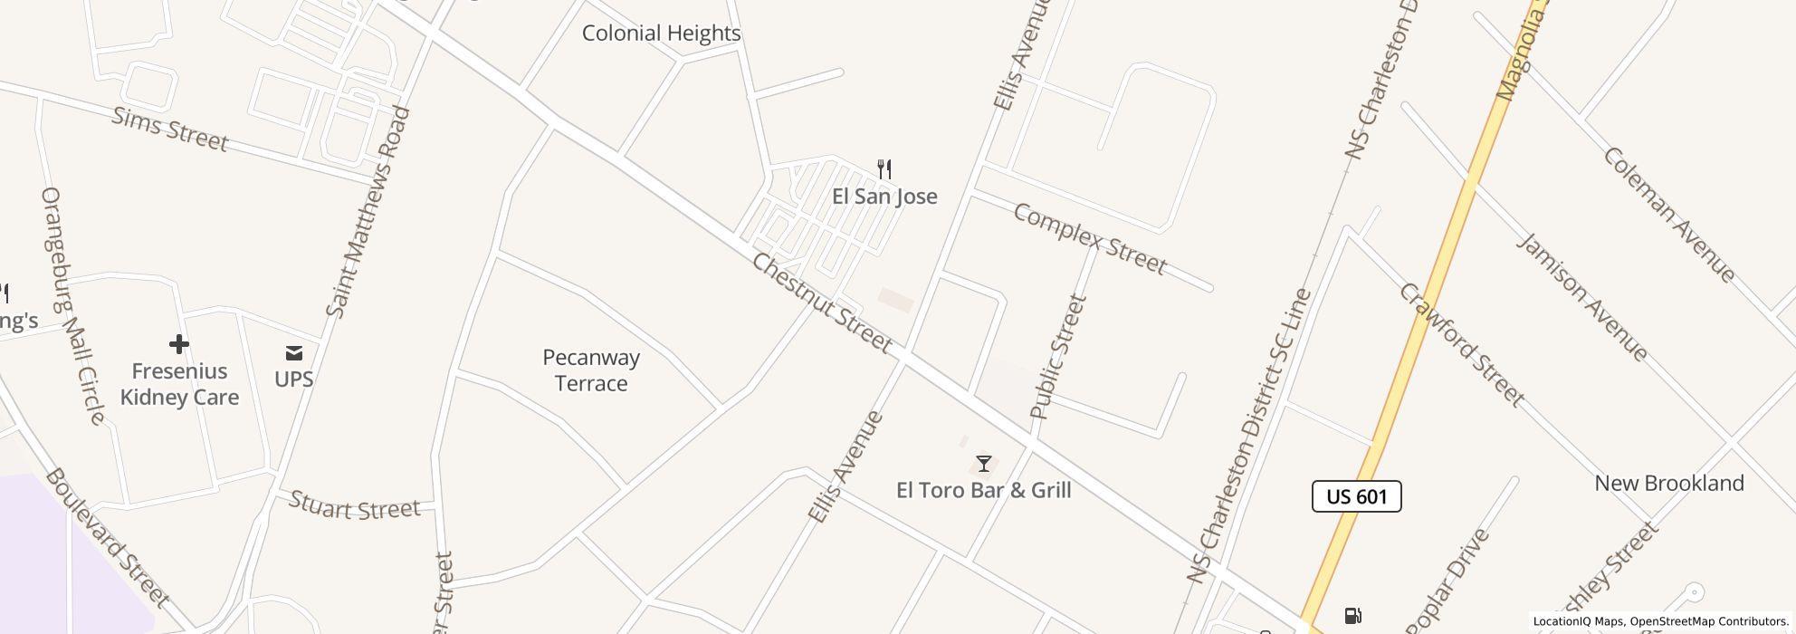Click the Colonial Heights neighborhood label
[x=661, y=34]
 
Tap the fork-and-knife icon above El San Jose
[x=884, y=168]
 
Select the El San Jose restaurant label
[x=884, y=197]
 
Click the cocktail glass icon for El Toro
[x=983, y=464]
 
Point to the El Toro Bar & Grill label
[x=983, y=490]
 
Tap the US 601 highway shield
[x=1356, y=496]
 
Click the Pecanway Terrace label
[x=591, y=370]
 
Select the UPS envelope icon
[x=293, y=352]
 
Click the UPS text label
[x=293, y=379]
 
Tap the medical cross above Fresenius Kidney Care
[x=178, y=344]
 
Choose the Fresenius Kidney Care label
[x=179, y=384]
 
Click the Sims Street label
[x=169, y=129]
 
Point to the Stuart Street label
[x=355, y=507]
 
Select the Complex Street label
[x=1089, y=239]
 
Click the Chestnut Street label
[x=822, y=303]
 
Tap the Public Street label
[x=1057, y=357]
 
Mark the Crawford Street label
[x=1461, y=344]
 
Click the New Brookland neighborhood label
[x=1668, y=484]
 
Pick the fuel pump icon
[x=1352, y=616]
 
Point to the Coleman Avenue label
[x=1669, y=214]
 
